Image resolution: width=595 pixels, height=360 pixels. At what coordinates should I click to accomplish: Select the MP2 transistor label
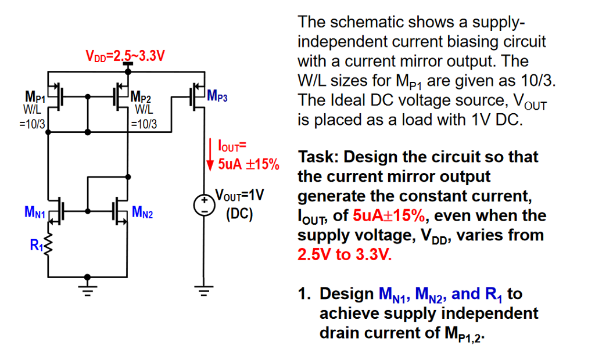[143, 96]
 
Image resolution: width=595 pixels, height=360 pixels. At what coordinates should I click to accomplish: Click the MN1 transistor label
[34, 212]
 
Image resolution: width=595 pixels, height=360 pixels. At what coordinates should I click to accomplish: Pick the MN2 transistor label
[142, 212]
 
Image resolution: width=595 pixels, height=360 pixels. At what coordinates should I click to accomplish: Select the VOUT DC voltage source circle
[203, 206]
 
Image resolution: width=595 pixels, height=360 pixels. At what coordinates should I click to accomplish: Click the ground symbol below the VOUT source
[203, 290]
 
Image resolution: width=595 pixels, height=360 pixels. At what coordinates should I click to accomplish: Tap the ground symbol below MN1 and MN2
[87, 290]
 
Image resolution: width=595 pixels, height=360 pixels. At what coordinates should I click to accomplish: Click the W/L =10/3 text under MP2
[143, 116]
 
